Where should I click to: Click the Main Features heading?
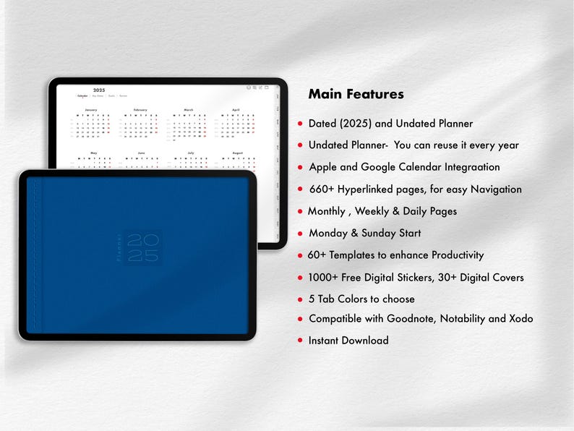356,94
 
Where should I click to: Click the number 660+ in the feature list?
321,189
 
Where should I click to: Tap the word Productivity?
458,255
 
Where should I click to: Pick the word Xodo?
519,318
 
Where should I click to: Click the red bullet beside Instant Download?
300,341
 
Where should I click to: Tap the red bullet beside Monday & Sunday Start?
300,234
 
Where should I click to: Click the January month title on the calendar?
91,110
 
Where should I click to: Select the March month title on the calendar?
189,110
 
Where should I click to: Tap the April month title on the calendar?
235,110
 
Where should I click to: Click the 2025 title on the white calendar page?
99,90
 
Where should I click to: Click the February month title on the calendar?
140,110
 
